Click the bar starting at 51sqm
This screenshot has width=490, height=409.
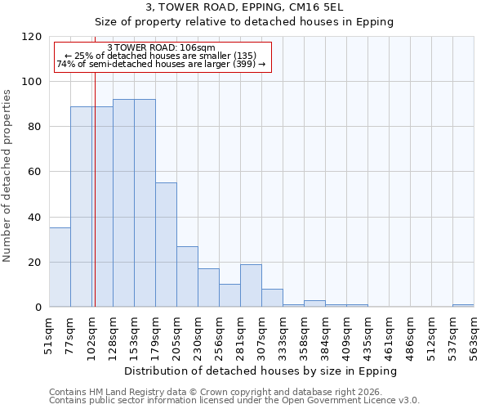tap(60, 267)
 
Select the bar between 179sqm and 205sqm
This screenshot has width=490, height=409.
tap(166, 245)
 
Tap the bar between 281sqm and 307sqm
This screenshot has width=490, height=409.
tap(251, 285)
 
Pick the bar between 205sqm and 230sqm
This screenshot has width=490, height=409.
tap(187, 276)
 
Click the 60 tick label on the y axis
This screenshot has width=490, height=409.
tap(35, 172)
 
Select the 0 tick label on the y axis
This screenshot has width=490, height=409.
tap(38, 308)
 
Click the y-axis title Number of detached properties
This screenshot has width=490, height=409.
tap(7, 176)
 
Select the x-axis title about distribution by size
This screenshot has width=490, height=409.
tap(261, 371)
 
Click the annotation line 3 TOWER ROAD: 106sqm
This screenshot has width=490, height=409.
tap(161, 48)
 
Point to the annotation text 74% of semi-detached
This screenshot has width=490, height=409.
tap(161, 64)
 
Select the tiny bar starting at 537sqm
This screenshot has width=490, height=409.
tap(463, 305)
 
